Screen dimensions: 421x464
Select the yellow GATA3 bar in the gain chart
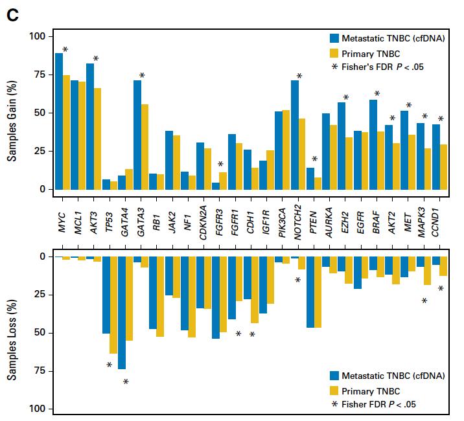[145, 146]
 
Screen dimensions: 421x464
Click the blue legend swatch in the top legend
[334, 38]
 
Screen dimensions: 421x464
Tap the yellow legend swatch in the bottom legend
[334, 391]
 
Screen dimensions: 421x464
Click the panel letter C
[12, 15]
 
